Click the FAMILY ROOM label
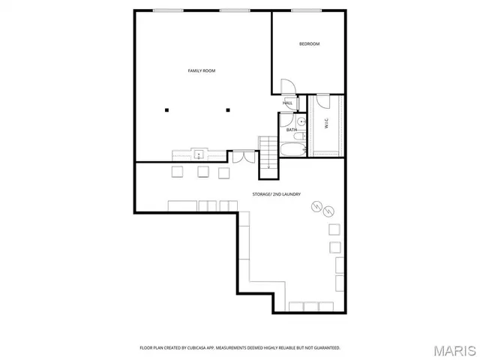point(201,70)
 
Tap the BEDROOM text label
point(309,44)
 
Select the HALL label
point(287,103)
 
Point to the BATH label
point(291,130)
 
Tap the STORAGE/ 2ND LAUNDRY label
point(277,194)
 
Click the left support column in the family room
point(167,110)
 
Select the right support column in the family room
point(227,110)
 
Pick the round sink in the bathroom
point(300,120)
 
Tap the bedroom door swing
point(287,88)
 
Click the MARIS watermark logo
point(453,349)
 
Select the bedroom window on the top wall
point(301,10)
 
